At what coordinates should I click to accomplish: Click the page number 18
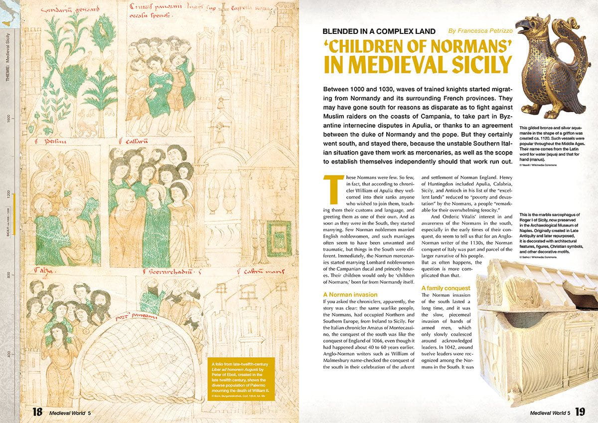tap(37, 412)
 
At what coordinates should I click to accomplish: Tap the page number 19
tap(580, 412)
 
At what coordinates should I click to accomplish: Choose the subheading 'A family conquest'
tap(446, 288)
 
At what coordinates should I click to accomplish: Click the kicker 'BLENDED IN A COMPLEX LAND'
tap(379, 31)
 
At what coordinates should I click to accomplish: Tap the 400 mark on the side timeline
tap(8, 355)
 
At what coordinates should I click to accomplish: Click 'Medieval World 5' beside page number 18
tap(70, 413)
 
